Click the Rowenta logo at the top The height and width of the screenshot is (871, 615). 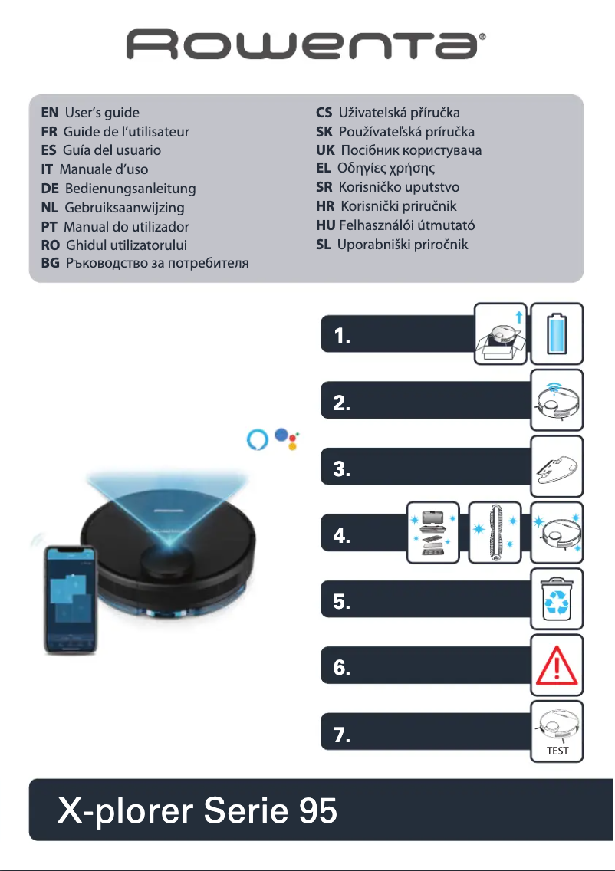pos(307,45)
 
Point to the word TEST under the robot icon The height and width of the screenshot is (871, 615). pos(557,751)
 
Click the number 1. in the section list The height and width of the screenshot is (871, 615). pos(343,337)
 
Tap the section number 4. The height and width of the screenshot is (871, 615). pos(343,536)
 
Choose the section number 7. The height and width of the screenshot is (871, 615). pos(343,735)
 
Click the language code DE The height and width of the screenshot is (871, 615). pos(51,188)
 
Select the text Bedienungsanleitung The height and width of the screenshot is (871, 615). pos(130,188)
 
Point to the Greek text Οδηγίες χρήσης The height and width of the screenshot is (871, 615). pos(391,167)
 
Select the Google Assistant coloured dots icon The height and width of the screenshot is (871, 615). pos(287,439)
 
